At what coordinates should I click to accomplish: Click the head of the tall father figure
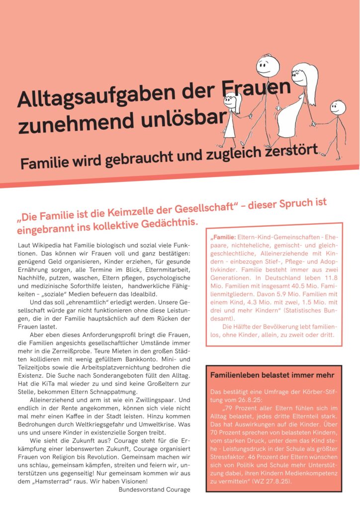267,66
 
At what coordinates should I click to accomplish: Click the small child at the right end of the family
338,122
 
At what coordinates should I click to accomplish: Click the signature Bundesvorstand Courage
154,490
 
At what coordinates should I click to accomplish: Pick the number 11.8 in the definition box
330,277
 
